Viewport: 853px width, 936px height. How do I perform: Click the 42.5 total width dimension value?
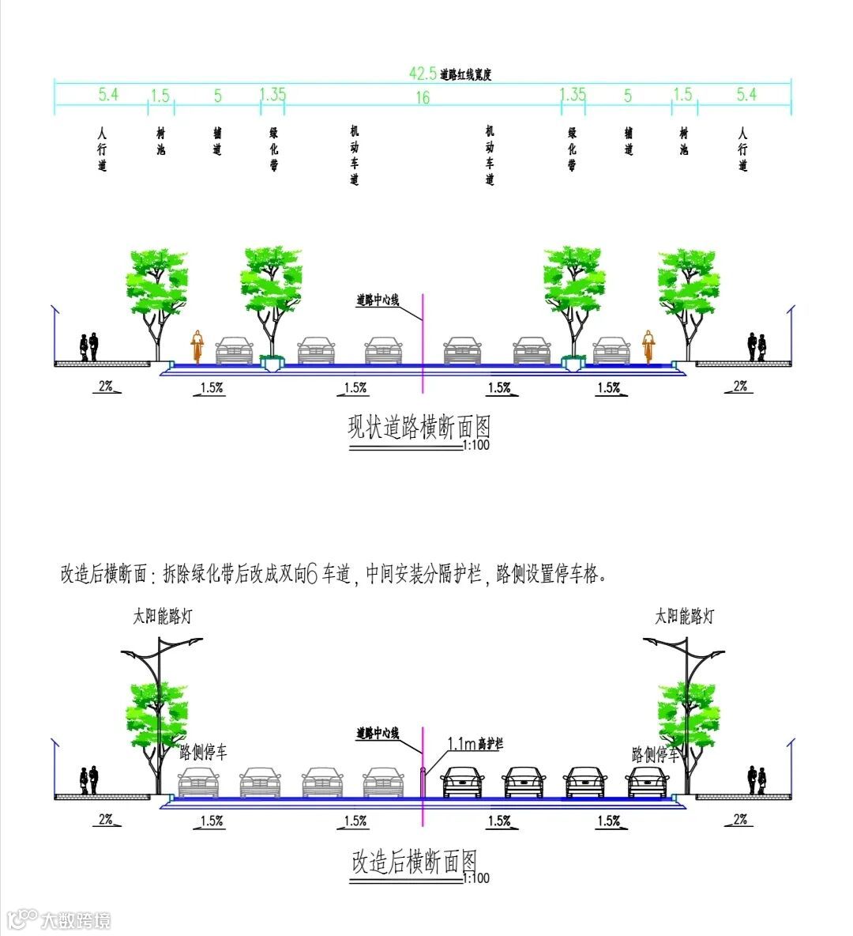423,74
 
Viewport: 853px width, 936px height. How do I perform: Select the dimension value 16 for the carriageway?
423,98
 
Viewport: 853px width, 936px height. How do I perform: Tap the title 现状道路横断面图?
419,428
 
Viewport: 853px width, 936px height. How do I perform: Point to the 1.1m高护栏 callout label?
475,744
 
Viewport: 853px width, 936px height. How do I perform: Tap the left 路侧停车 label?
204,753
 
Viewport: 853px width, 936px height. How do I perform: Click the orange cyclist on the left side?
196,346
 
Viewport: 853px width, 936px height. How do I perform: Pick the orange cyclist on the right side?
648,346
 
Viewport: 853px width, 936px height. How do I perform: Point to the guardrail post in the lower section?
423,781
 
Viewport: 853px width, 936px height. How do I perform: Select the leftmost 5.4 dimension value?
108,95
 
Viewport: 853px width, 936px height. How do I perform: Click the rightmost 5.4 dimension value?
746,95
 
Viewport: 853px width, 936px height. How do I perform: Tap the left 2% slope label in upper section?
106,386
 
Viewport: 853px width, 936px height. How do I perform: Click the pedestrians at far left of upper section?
88,346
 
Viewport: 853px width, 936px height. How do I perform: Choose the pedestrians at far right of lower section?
757,779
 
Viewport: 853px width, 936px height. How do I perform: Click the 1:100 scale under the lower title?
475,878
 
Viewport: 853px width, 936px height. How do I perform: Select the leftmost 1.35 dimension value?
272,95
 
